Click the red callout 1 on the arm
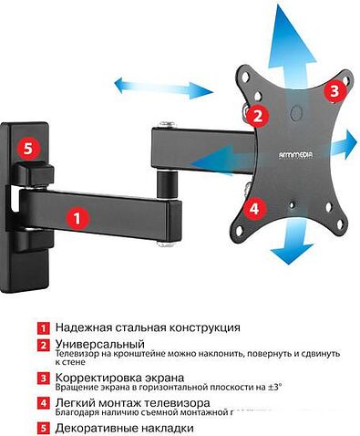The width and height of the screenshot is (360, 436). point(77,218)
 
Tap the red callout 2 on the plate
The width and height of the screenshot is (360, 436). point(258,116)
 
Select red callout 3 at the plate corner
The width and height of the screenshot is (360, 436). point(334,90)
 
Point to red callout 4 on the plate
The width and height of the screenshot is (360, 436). point(254,208)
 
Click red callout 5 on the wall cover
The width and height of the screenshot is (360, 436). point(29,146)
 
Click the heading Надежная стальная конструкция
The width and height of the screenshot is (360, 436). point(148,327)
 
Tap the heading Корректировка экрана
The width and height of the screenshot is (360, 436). point(119,377)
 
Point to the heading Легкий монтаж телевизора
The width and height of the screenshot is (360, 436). point(132,402)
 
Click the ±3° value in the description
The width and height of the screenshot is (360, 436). point(273,388)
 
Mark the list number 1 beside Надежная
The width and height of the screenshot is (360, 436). point(42,327)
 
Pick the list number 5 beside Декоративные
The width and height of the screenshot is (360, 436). point(42,427)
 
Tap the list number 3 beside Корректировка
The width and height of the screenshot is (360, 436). point(42,378)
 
